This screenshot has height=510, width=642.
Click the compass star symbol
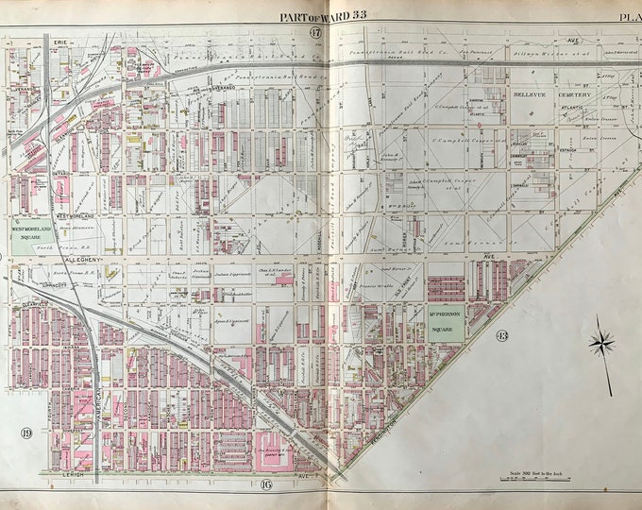point(601,344)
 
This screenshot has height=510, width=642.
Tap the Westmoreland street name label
point(68,216)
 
